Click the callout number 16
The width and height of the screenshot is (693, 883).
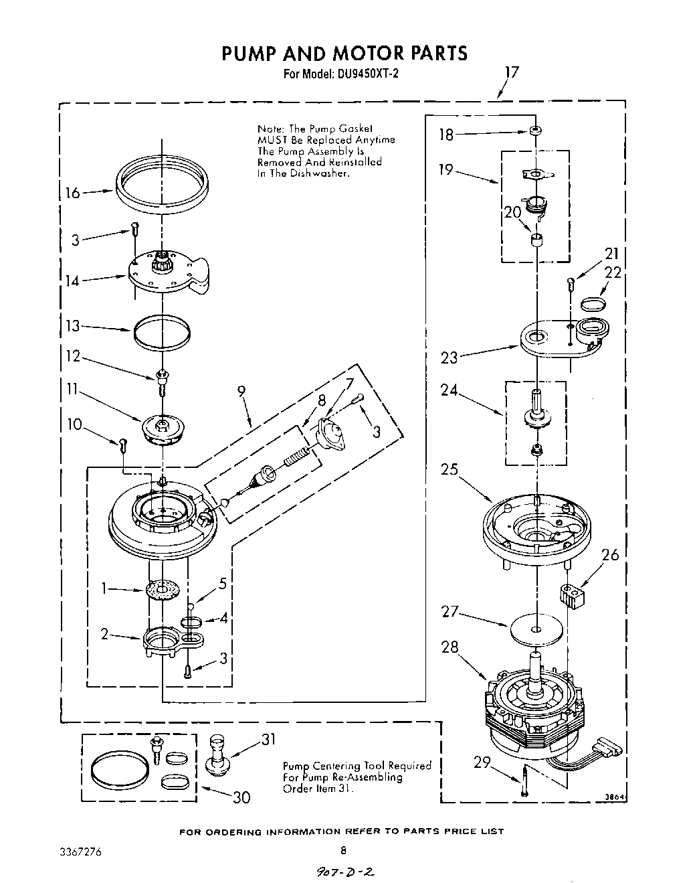pos(72,193)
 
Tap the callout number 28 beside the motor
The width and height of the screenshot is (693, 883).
pos(450,647)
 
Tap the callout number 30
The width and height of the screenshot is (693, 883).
pos(241,797)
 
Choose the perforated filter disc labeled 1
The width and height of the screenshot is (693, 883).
pos(164,590)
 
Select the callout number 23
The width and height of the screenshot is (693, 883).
pos(449,357)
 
